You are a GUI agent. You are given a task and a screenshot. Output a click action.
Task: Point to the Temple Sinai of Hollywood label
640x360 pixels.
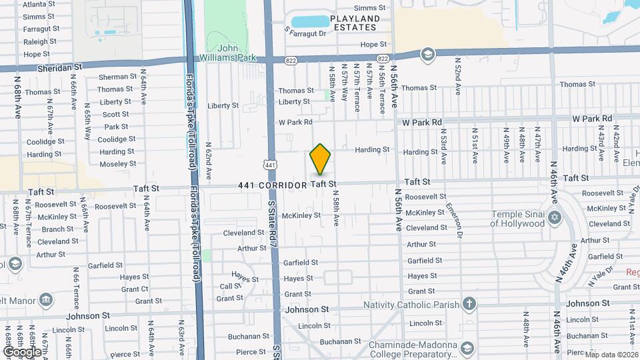517,219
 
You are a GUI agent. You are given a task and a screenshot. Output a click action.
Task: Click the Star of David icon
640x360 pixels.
554,218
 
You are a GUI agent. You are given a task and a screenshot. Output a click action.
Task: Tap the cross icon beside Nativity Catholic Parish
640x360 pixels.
469,305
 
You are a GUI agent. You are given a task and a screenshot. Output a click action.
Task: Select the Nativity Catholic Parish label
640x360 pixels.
411,305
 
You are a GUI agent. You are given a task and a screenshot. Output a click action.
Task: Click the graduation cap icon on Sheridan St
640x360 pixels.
427,54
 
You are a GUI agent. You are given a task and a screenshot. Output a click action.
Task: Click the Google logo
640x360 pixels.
21,351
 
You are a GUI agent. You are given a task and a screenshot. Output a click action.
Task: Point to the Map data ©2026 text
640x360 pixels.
611,354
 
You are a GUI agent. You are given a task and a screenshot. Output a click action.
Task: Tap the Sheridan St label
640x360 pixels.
59,67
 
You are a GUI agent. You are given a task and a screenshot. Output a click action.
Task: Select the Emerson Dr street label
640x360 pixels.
454,220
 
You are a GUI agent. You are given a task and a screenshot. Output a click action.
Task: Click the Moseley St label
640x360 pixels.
117,163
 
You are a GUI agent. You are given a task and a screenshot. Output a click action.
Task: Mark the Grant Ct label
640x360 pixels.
135,289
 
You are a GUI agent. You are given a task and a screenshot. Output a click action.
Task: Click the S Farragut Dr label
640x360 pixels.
306,32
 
